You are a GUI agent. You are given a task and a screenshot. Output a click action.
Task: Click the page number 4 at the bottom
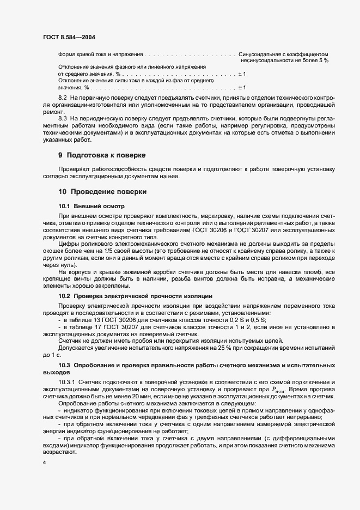pyautogui.click(x=45, y=463)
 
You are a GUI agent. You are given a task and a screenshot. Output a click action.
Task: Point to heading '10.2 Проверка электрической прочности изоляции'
pyautogui.click(x=135, y=295)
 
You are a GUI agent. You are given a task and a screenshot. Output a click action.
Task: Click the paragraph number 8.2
pyautogui.click(x=63, y=96)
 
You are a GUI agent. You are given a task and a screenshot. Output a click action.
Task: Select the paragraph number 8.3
pyautogui.click(x=63, y=118)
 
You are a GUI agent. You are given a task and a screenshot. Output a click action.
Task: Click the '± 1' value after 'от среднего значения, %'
pyautogui.click(x=242, y=74)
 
